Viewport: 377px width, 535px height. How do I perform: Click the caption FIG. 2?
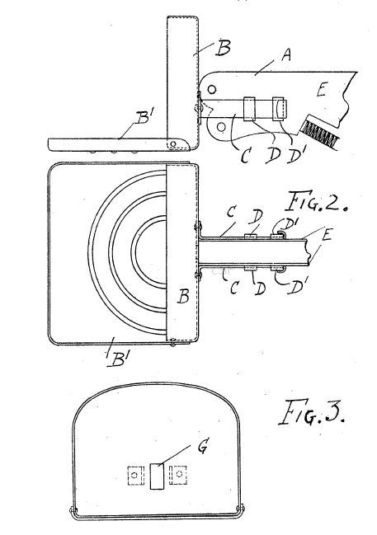[x=315, y=201]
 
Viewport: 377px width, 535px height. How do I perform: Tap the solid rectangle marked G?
[x=157, y=476]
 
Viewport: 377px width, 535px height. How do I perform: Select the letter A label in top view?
[x=286, y=54]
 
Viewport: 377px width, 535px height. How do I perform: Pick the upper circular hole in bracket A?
[x=212, y=89]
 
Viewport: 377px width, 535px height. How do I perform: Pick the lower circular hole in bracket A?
[x=221, y=127]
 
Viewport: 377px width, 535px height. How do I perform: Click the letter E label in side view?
[x=322, y=91]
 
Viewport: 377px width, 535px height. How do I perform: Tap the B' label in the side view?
[x=142, y=119]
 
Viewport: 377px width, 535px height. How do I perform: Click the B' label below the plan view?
[x=117, y=359]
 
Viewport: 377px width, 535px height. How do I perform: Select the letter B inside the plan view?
[x=183, y=296]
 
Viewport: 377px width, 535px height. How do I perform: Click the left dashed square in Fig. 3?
[x=134, y=476]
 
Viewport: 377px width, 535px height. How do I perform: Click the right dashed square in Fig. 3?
[x=178, y=474]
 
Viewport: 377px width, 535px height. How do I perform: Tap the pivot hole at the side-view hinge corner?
[x=173, y=144]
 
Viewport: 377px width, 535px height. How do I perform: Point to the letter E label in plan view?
[x=327, y=235]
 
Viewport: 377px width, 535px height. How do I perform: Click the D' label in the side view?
[x=297, y=156]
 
